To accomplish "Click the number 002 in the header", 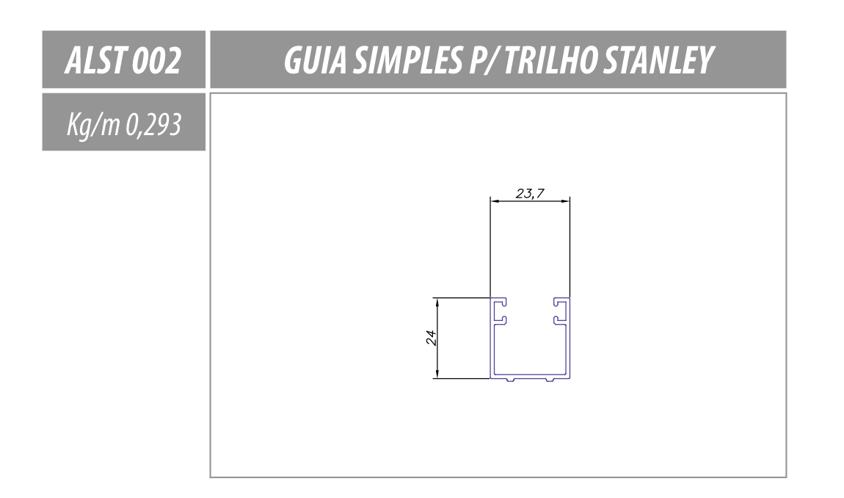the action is pyautogui.click(x=156, y=59).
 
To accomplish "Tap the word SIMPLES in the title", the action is pyautogui.click(x=407, y=59).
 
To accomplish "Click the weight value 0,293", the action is pyautogui.click(x=153, y=125).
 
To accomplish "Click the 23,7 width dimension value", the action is pyautogui.click(x=530, y=193).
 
